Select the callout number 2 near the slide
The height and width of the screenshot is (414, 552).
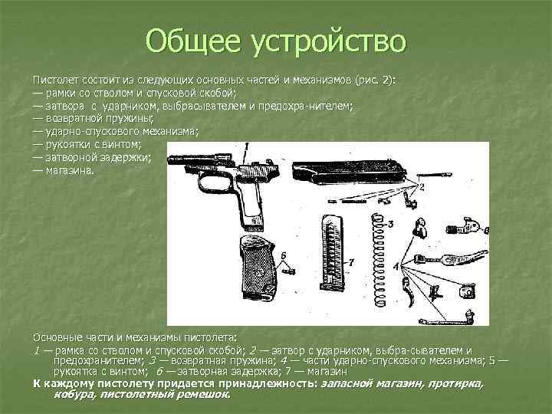[x=421, y=186]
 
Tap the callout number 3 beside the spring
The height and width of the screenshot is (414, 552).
[x=390, y=224]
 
